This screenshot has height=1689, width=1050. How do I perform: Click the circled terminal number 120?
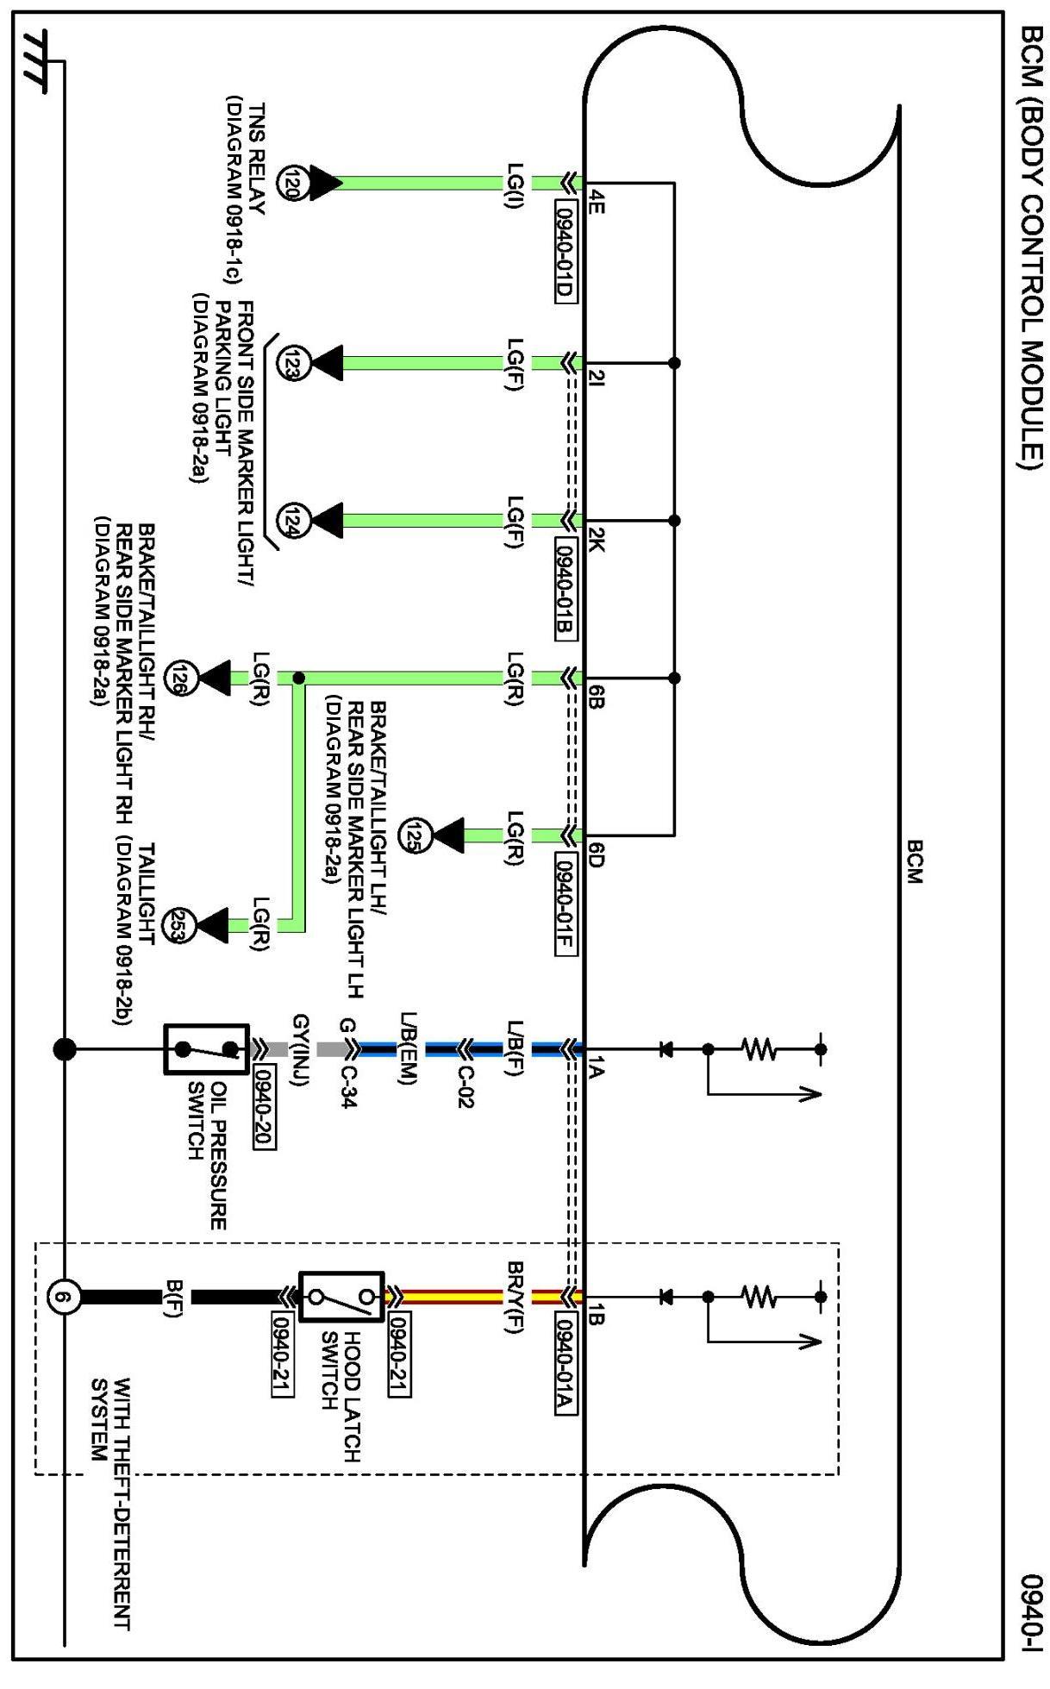tap(291, 183)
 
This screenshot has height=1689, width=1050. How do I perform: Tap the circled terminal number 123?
tap(291, 363)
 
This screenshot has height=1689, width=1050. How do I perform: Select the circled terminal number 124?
tap(291, 521)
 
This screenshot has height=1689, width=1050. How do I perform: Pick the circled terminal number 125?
tap(413, 835)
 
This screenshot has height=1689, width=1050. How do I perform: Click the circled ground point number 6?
tap(63, 1296)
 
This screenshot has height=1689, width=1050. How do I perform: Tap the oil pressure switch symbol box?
tap(206, 1049)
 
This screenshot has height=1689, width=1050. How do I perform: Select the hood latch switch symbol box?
tap(341, 1296)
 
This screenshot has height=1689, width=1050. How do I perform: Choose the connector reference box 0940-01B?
tap(565, 589)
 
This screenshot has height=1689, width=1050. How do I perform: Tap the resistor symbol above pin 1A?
tap(759, 1049)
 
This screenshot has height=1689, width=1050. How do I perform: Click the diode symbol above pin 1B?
tap(666, 1296)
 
